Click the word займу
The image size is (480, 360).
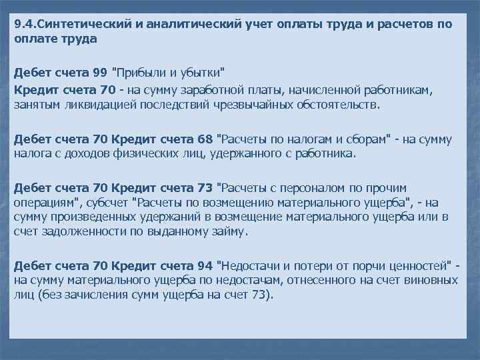(229, 231)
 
